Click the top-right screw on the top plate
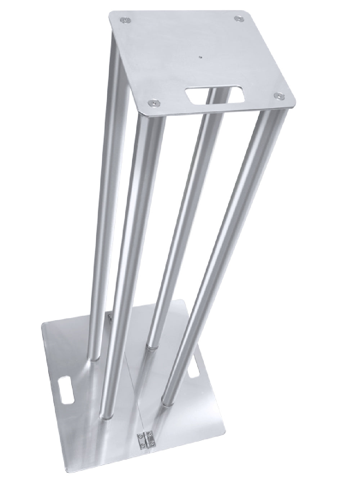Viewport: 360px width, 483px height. coord(238,18)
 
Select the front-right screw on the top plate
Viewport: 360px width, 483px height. coord(279,96)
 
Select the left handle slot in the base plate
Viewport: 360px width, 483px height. coord(67,385)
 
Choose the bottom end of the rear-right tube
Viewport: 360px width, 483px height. coord(150,346)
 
